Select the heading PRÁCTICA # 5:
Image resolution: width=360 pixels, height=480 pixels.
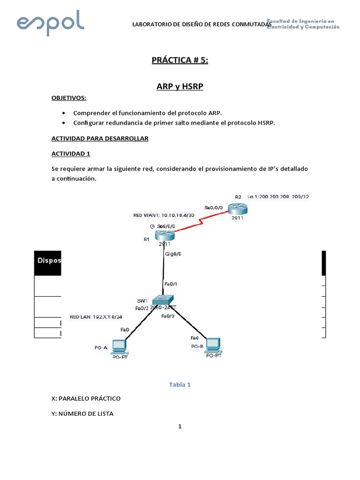[180, 60]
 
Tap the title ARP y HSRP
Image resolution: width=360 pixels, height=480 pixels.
[180, 87]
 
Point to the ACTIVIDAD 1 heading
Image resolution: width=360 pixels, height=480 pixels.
[70, 153]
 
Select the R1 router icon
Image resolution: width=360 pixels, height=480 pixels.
[164, 234]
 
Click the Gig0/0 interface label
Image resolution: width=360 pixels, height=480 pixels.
[173, 254]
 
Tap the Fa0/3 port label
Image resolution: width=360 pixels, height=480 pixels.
[168, 316]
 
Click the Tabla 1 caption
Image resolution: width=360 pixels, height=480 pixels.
[180, 385]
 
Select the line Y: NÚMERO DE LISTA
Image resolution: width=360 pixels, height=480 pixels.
[82, 413]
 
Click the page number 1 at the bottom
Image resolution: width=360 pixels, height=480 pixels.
[180, 427]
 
